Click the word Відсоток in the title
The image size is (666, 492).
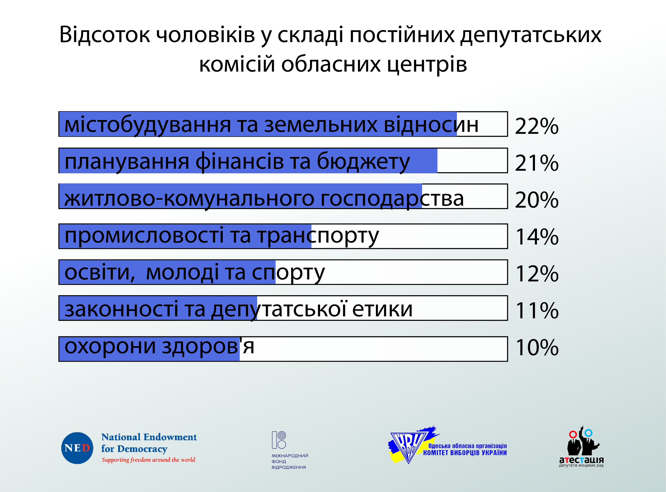104,34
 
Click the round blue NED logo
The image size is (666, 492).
77,448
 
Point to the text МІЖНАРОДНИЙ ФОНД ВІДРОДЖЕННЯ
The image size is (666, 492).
290,461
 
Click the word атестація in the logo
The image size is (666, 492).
581,460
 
